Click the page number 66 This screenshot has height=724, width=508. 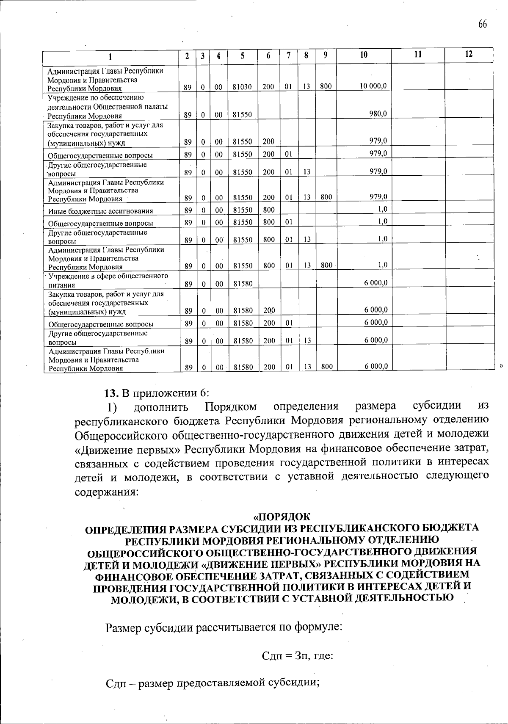483,24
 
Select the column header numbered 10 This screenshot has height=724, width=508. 363,55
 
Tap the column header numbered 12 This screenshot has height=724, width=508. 469,54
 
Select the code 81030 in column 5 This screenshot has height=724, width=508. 243,87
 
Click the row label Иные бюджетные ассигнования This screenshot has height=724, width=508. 100,211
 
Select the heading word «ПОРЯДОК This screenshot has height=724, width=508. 282,517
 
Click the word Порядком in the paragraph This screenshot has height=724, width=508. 231,407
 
